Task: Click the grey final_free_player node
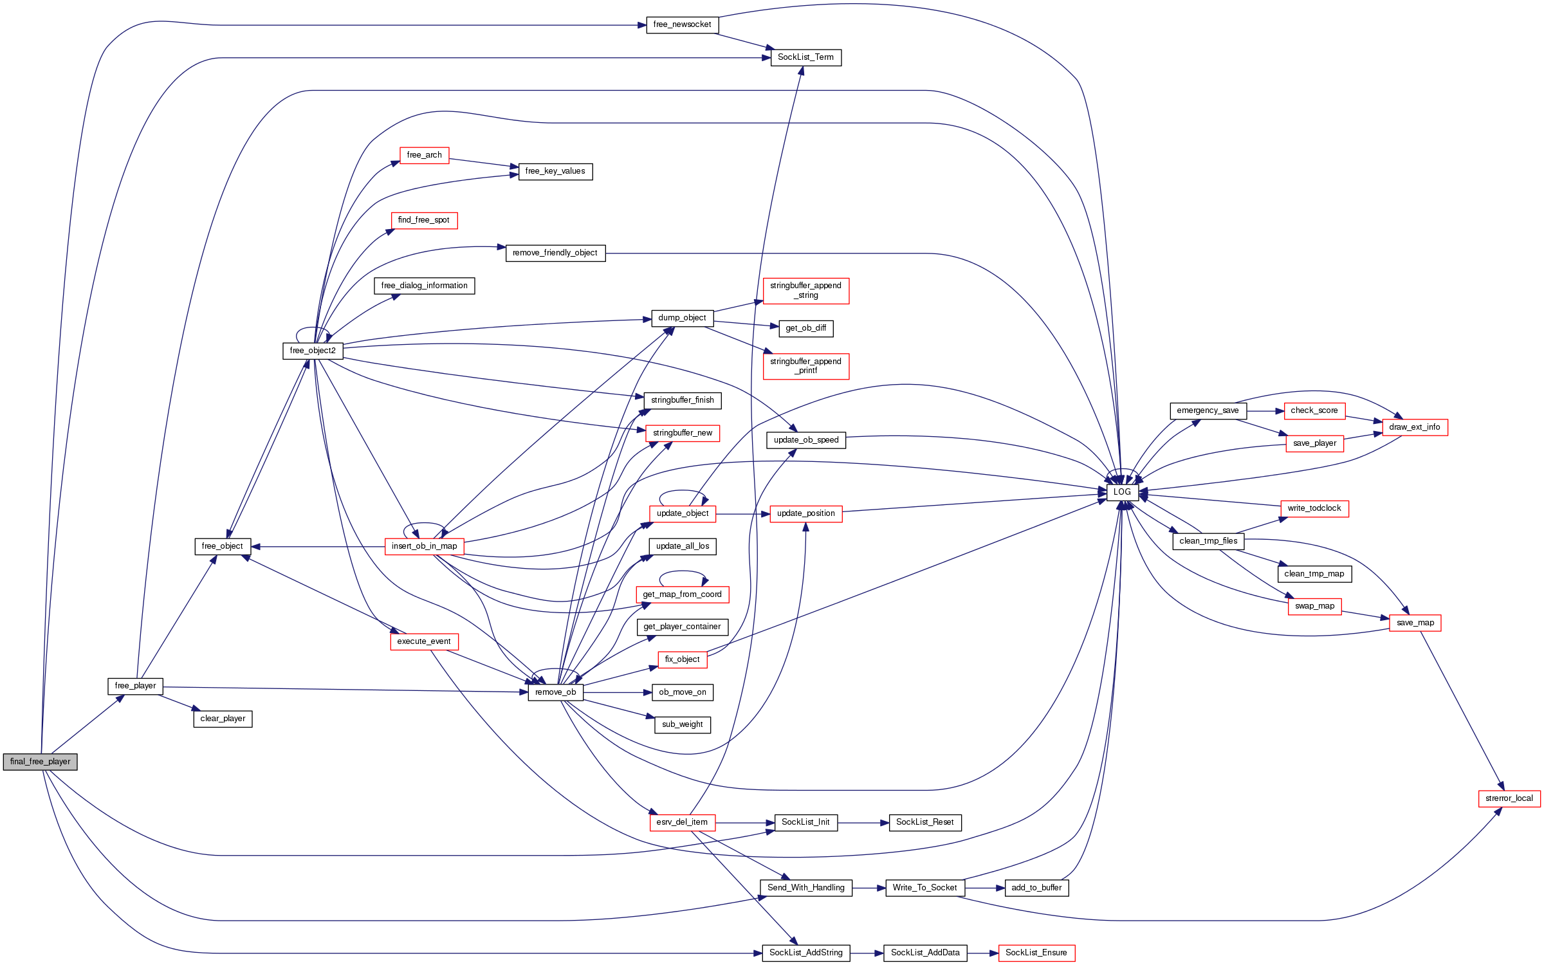(40, 762)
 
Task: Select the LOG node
(1122, 492)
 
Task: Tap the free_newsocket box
(682, 25)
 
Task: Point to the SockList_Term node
(805, 57)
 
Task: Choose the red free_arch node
(424, 155)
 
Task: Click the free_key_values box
(555, 171)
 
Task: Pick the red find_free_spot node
(424, 220)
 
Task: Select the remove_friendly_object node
(555, 253)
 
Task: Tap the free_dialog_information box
(424, 286)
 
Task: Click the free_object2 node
(313, 351)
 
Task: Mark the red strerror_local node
(1509, 798)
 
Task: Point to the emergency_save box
(1208, 410)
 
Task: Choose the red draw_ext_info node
(1415, 427)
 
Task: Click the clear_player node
(223, 719)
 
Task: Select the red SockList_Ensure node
(1036, 953)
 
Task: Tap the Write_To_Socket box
(924, 888)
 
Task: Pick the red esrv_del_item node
(682, 822)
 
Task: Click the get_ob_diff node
(805, 328)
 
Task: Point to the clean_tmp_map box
(1314, 574)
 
